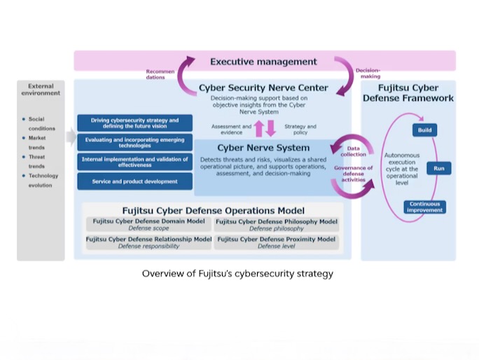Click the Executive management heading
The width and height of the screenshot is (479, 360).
[263, 62]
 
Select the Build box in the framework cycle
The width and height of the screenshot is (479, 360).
[424, 130]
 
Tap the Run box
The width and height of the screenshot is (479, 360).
[438, 168]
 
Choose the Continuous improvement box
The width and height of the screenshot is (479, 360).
[424, 207]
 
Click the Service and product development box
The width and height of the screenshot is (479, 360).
[134, 181]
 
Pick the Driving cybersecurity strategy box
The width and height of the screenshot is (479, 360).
[134, 123]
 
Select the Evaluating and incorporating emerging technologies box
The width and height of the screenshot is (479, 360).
[134, 142]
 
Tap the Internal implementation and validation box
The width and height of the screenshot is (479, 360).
[134, 162]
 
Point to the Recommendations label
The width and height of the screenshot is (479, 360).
[160, 74]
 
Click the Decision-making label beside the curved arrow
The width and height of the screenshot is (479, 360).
[368, 74]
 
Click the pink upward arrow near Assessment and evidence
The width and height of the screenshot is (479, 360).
[259, 129]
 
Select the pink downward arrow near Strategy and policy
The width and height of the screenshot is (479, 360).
[270, 129]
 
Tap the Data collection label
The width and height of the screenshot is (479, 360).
[353, 151]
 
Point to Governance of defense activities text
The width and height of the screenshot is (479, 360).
[353, 174]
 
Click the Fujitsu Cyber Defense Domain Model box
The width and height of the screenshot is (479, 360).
[148, 225]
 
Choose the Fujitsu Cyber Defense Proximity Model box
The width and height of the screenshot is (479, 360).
[277, 242]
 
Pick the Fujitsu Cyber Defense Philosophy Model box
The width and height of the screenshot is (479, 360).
[277, 225]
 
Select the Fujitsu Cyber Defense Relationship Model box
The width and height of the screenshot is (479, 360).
[148, 242]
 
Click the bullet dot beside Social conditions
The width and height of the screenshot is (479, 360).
[24, 119]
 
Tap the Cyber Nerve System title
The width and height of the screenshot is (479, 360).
[263, 148]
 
